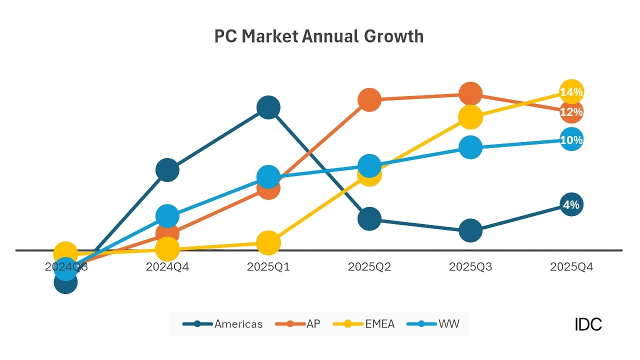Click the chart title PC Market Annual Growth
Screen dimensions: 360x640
tap(319, 36)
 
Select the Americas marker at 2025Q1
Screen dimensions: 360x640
tap(268, 107)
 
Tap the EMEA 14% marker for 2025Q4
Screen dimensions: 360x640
tap(571, 92)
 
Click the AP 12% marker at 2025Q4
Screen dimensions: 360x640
tap(571, 112)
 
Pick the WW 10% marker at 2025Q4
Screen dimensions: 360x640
tap(571, 140)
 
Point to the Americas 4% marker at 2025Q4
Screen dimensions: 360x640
tap(571, 204)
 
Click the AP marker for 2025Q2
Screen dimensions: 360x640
tap(369, 100)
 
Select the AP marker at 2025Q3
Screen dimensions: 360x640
tap(470, 94)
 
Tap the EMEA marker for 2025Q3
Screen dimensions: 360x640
tap(470, 117)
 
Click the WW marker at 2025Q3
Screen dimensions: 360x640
tap(470, 147)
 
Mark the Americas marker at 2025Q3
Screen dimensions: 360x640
tap(470, 230)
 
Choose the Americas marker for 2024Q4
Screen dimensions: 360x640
tap(167, 170)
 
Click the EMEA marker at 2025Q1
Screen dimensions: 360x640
tap(268, 242)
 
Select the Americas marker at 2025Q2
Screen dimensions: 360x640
tap(369, 219)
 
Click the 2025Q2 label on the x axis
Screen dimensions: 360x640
tap(369, 267)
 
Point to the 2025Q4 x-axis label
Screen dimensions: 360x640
tap(571, 267)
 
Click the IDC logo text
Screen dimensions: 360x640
tap(588, 324)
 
